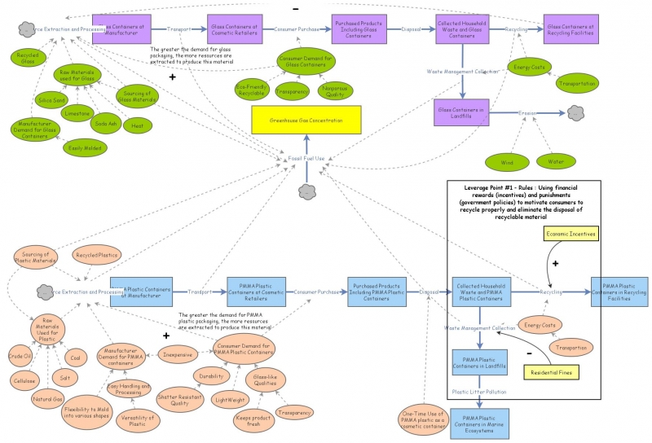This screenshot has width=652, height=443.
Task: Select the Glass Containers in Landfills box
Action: (x=462, y=111)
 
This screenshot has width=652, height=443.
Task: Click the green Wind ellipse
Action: (x=507, y=162)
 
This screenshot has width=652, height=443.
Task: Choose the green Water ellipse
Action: (x=555, y=161)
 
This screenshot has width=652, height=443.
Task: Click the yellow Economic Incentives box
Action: (x=570, y=234)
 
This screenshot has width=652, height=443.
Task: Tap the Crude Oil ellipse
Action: (x=21, y=356)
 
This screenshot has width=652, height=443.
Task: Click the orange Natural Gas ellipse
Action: (x=46, y=399)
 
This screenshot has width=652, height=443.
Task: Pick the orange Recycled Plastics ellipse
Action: (x=96, y=255)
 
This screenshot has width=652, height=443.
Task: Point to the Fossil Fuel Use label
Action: (x=306, y=157)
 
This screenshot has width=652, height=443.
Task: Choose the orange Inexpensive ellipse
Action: (x=176, y=354)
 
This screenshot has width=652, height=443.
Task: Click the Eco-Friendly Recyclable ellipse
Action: (x=252, y=89)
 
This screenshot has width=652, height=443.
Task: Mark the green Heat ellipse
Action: (x=138, y=126)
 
